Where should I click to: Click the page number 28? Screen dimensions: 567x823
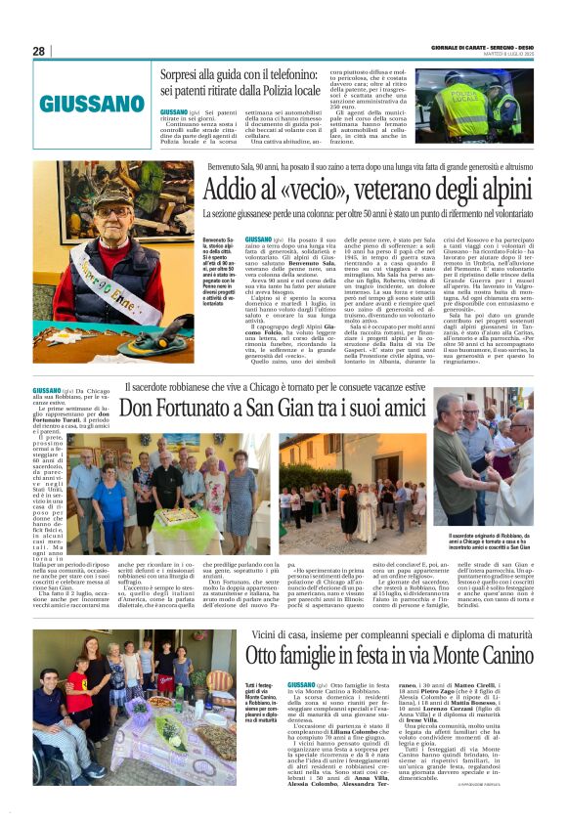(38, 51)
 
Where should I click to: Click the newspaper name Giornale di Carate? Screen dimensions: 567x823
(468, 47)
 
